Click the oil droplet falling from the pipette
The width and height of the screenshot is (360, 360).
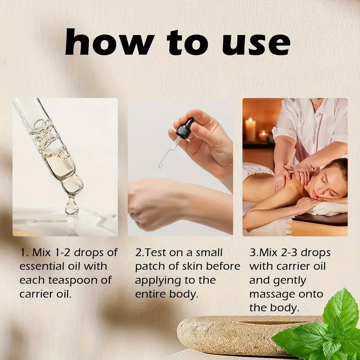tap(72, 206)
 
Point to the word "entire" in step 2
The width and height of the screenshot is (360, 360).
tap(151, 294)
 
